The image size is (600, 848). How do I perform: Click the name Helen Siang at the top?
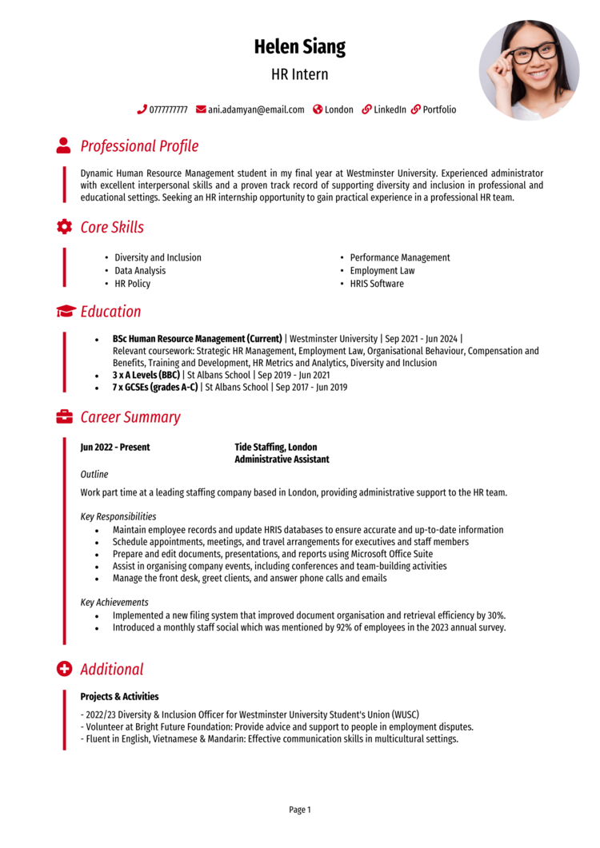click(x=299, y=46)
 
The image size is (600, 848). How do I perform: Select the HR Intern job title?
click(x=299, y=75)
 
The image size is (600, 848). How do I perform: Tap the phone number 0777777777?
click(x=168, y=109)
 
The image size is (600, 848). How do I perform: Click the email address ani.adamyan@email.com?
click(x=256, y=109)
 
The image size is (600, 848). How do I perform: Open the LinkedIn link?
click(x=390, y=109)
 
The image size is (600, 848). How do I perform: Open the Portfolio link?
click(x=439, y=109)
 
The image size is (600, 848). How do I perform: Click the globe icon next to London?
click(x=318, y=109)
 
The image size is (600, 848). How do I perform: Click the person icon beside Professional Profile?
click(x=63, y=145)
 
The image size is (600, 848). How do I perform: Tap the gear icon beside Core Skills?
click(x=63, y=227)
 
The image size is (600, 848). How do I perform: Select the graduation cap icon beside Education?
click(x=66, y=312)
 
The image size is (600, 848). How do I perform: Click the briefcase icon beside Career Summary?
click(x=64, y=417)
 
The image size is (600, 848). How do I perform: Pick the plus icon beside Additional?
click(x=64, y=669)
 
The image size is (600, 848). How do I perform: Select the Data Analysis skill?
click(x=140, y=271)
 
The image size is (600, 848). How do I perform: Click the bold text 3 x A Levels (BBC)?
click(x=146, y=375)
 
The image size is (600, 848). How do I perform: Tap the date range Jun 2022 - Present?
click(x=115, y=448)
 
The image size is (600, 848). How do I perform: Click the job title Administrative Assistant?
click(x=282, y=460)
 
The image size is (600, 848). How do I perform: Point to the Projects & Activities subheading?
click(x=119, y=697)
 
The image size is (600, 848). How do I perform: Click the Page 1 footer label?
click(x=300, y=810)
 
